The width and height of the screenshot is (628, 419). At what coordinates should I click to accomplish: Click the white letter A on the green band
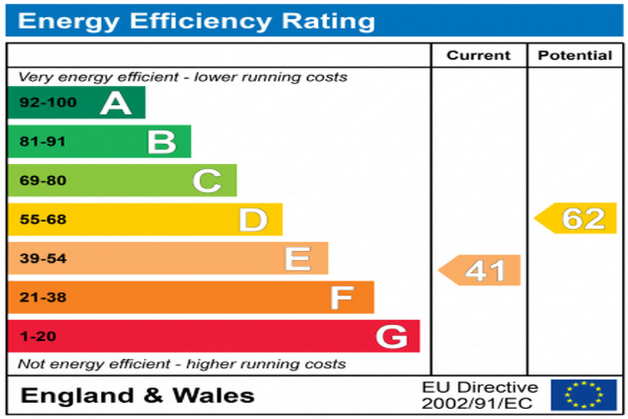(x=116, y=103)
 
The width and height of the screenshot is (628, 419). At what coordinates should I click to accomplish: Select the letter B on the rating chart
(x=162, y=142)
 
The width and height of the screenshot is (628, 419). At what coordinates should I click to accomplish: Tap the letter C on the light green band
(x=207, y=181)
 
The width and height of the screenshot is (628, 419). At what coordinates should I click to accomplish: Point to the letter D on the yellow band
(x=253, y=220)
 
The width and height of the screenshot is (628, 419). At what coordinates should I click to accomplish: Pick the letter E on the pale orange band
(x=297, y=259)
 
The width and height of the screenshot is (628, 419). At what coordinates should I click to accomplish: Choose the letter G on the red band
(x=391, y=336)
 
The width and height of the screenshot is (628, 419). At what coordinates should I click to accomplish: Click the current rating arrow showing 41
(x=480, y=270)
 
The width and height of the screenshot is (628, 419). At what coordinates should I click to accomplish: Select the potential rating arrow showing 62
(x=576, y=218)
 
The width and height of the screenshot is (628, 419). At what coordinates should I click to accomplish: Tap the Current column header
(x=479, y=55)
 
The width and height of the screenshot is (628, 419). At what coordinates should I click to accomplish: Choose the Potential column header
(x=575, y=55)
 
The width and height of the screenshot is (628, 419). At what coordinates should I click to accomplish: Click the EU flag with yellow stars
(x=584, y=394)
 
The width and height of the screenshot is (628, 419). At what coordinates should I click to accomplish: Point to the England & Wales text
(x=138, y=395)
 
